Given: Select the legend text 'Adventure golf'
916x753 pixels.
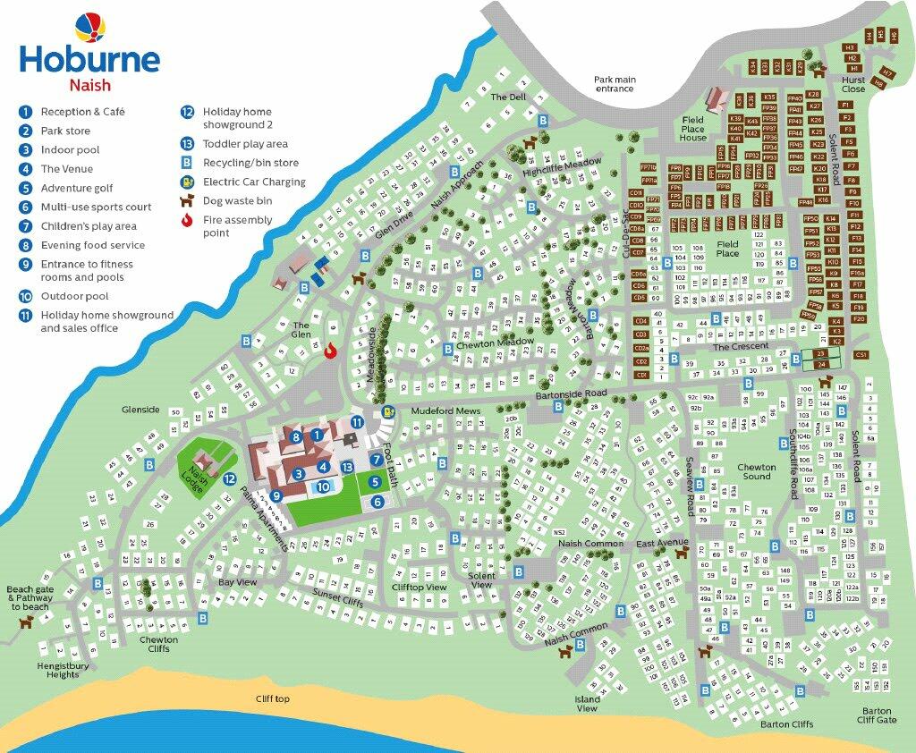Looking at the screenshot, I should pos(77,188).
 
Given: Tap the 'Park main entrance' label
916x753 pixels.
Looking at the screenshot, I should pos(615,84).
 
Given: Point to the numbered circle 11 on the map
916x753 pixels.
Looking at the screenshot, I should pos(357,422).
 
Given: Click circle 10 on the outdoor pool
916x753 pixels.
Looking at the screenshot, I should pos(324,487).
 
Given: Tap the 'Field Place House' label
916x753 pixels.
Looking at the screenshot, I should pos(692,129).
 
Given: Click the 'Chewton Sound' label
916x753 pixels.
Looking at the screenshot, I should pos(756,471).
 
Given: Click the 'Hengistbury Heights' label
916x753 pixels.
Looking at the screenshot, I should pos(58,670).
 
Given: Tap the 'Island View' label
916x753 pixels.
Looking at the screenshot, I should pos(587,704).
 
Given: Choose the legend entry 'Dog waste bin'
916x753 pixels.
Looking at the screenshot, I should pos(237,201).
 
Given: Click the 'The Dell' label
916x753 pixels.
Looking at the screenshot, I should pos(508,97).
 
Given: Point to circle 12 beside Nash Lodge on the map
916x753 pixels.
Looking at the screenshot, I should pos(230,479).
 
